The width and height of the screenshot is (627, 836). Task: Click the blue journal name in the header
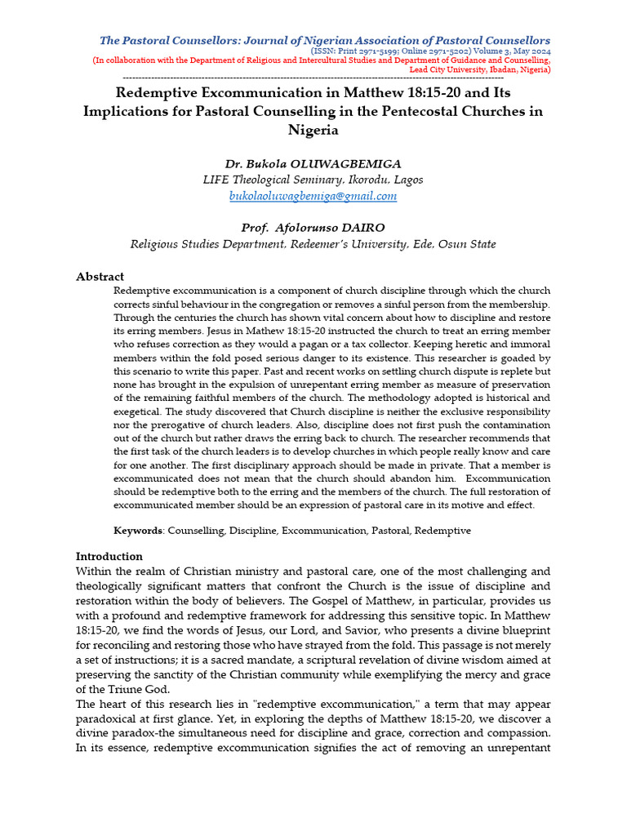pyautogui.click(x=324, y=40)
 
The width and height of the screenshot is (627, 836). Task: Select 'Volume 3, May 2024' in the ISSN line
pyautogui.click(x=508, y=51)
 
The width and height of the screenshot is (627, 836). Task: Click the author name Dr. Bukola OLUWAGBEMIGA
pyautogui.click(x=313, y=162)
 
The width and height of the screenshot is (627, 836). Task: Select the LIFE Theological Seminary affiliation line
pyautogui.click(x=313, y=180)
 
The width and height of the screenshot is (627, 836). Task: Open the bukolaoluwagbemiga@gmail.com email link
pyautogui.click(x=313, y=196)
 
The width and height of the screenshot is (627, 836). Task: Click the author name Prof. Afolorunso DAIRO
pyautogui.click(x=313, y=227)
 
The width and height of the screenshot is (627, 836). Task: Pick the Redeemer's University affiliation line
pyautogui.click(x=313, y=244)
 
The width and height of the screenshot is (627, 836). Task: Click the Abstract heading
pyautogui.click(x=100, y=277)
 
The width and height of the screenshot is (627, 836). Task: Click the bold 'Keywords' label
pyautogui.click(x=138, y=531)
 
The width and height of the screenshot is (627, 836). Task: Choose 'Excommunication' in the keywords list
pyautogui.click(x=326, y=531)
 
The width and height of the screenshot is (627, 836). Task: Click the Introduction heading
pyautogui.click(x=109, y=557)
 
